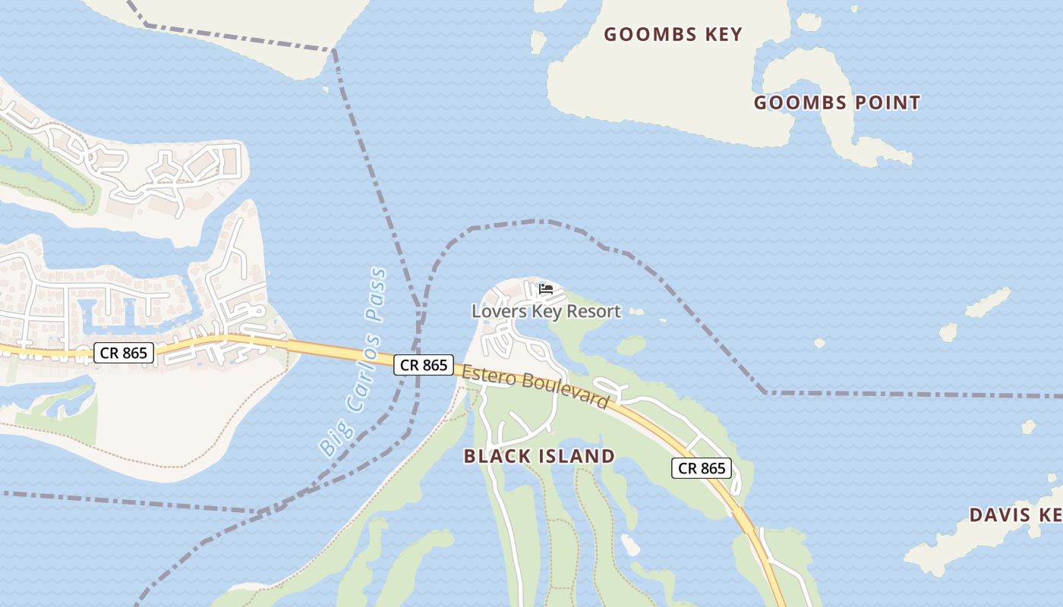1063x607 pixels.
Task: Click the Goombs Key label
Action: pyautogui.click(x=673, y=34)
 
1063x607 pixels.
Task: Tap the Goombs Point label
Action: pyautogui.click(x=837, y=102)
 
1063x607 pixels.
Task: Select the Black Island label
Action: pyautogui.click(x=539, y=456)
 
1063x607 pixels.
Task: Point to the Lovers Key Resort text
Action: pyautogui.click(x=546, y=311)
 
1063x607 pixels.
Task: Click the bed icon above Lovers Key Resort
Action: pyautogui.click(x=546, y=289)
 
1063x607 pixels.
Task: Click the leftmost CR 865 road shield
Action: pyautogui.click(x=125, y=352)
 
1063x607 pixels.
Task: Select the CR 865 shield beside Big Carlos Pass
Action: pyautogui.click(x=424, y=365)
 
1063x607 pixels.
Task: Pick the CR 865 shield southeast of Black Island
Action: pyautogui.click(x=702, y=468)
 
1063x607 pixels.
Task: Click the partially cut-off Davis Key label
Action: pyautogui.click(x=1015, y=515)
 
